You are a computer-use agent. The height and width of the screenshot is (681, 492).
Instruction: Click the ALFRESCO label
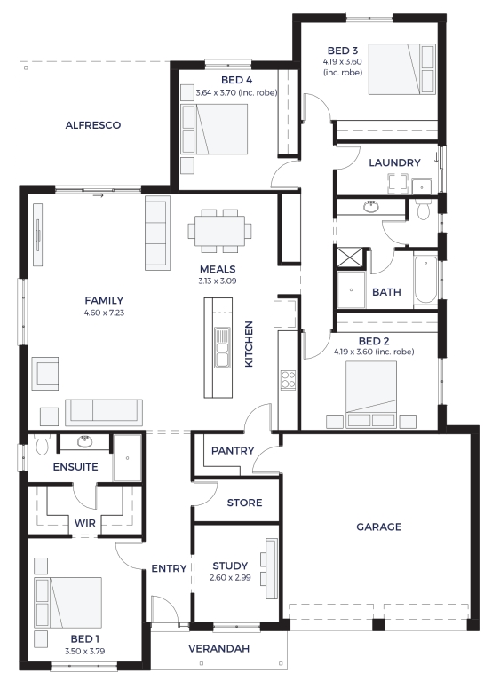pos(93,125)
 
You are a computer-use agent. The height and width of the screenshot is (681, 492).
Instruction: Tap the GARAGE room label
pos(378,527)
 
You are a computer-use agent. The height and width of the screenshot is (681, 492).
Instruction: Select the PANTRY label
pos(233,450)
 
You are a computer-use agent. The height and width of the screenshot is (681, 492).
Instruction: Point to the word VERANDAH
pos(218,648)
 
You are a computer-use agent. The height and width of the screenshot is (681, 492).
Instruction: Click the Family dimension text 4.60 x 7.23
pos(104,313)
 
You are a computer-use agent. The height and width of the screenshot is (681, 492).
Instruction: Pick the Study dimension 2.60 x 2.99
pos(230,578)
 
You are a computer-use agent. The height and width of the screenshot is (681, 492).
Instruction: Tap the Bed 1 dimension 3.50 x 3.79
pos(84,651)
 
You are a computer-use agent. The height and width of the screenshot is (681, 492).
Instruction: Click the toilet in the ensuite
pos(42,444)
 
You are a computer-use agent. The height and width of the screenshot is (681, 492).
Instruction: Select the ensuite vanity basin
pos(84,441)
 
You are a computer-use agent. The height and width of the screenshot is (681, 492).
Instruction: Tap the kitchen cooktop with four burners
pos(288,380)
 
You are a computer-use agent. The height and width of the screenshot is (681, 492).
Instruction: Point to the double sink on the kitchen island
pos(222,347)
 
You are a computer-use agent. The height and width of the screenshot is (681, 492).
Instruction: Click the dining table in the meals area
pos(219,231)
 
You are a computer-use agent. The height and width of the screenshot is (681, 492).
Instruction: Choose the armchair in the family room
pos(45,374)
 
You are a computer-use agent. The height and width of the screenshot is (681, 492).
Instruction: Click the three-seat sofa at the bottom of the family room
pos(104,412)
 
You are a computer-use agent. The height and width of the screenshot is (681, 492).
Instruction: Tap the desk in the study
pos(272,568)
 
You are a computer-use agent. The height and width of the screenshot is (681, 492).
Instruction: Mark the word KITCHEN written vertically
pos(249,344)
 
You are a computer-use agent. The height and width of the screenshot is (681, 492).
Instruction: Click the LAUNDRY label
pos(394,162)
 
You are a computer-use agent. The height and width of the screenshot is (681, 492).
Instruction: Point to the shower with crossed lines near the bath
pos(350,257)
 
